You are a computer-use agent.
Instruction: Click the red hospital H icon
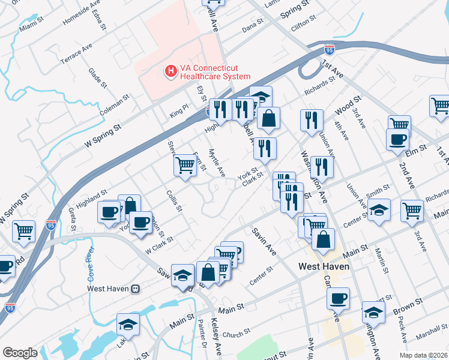[171, 71]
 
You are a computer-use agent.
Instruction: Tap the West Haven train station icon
[136, 289]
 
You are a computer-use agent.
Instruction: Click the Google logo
[20, 353]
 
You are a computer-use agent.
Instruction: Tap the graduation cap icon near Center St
[379, 210]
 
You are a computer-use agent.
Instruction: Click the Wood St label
[349, 104]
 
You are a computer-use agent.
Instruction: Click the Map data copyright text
[424, 355]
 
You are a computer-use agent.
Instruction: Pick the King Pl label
[179, 111]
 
